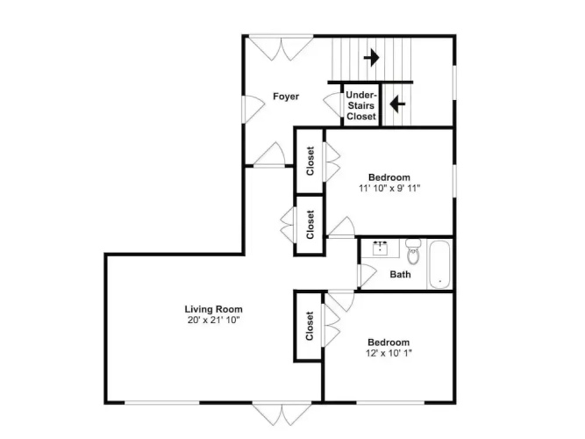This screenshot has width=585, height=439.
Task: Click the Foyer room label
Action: pos(286,97)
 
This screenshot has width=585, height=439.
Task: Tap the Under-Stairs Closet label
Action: pos(361,105)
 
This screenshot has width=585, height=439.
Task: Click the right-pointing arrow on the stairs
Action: pos(371,58)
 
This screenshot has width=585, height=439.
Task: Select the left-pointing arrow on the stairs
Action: pos(397,104)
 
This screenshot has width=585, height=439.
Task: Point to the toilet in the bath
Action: pos(413,251)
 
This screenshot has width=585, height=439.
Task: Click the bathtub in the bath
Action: pos(439,264)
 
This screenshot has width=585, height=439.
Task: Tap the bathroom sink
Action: pos(380,248)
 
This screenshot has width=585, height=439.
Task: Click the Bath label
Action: pos(400,275)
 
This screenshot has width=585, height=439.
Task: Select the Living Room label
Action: pos(213,309)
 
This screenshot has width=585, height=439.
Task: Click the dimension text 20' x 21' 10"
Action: pos(213,320)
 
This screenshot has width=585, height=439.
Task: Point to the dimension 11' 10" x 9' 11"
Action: pos(389,188)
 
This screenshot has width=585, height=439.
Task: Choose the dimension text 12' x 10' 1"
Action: pos(389,353)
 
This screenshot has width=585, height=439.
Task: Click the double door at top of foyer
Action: pos(281,47)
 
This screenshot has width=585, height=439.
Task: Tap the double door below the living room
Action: pos(282,414)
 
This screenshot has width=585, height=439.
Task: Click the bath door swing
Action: pos(367,276)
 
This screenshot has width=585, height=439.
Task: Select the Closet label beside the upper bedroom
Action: pos(310,161)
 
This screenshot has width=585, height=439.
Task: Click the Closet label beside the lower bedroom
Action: pos(310,326)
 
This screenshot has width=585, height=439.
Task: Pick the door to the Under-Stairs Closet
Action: pos(332,104)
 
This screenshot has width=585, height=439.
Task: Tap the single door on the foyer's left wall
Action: pos(253,109)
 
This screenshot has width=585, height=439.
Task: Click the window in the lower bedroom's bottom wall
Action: pos(390,402)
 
